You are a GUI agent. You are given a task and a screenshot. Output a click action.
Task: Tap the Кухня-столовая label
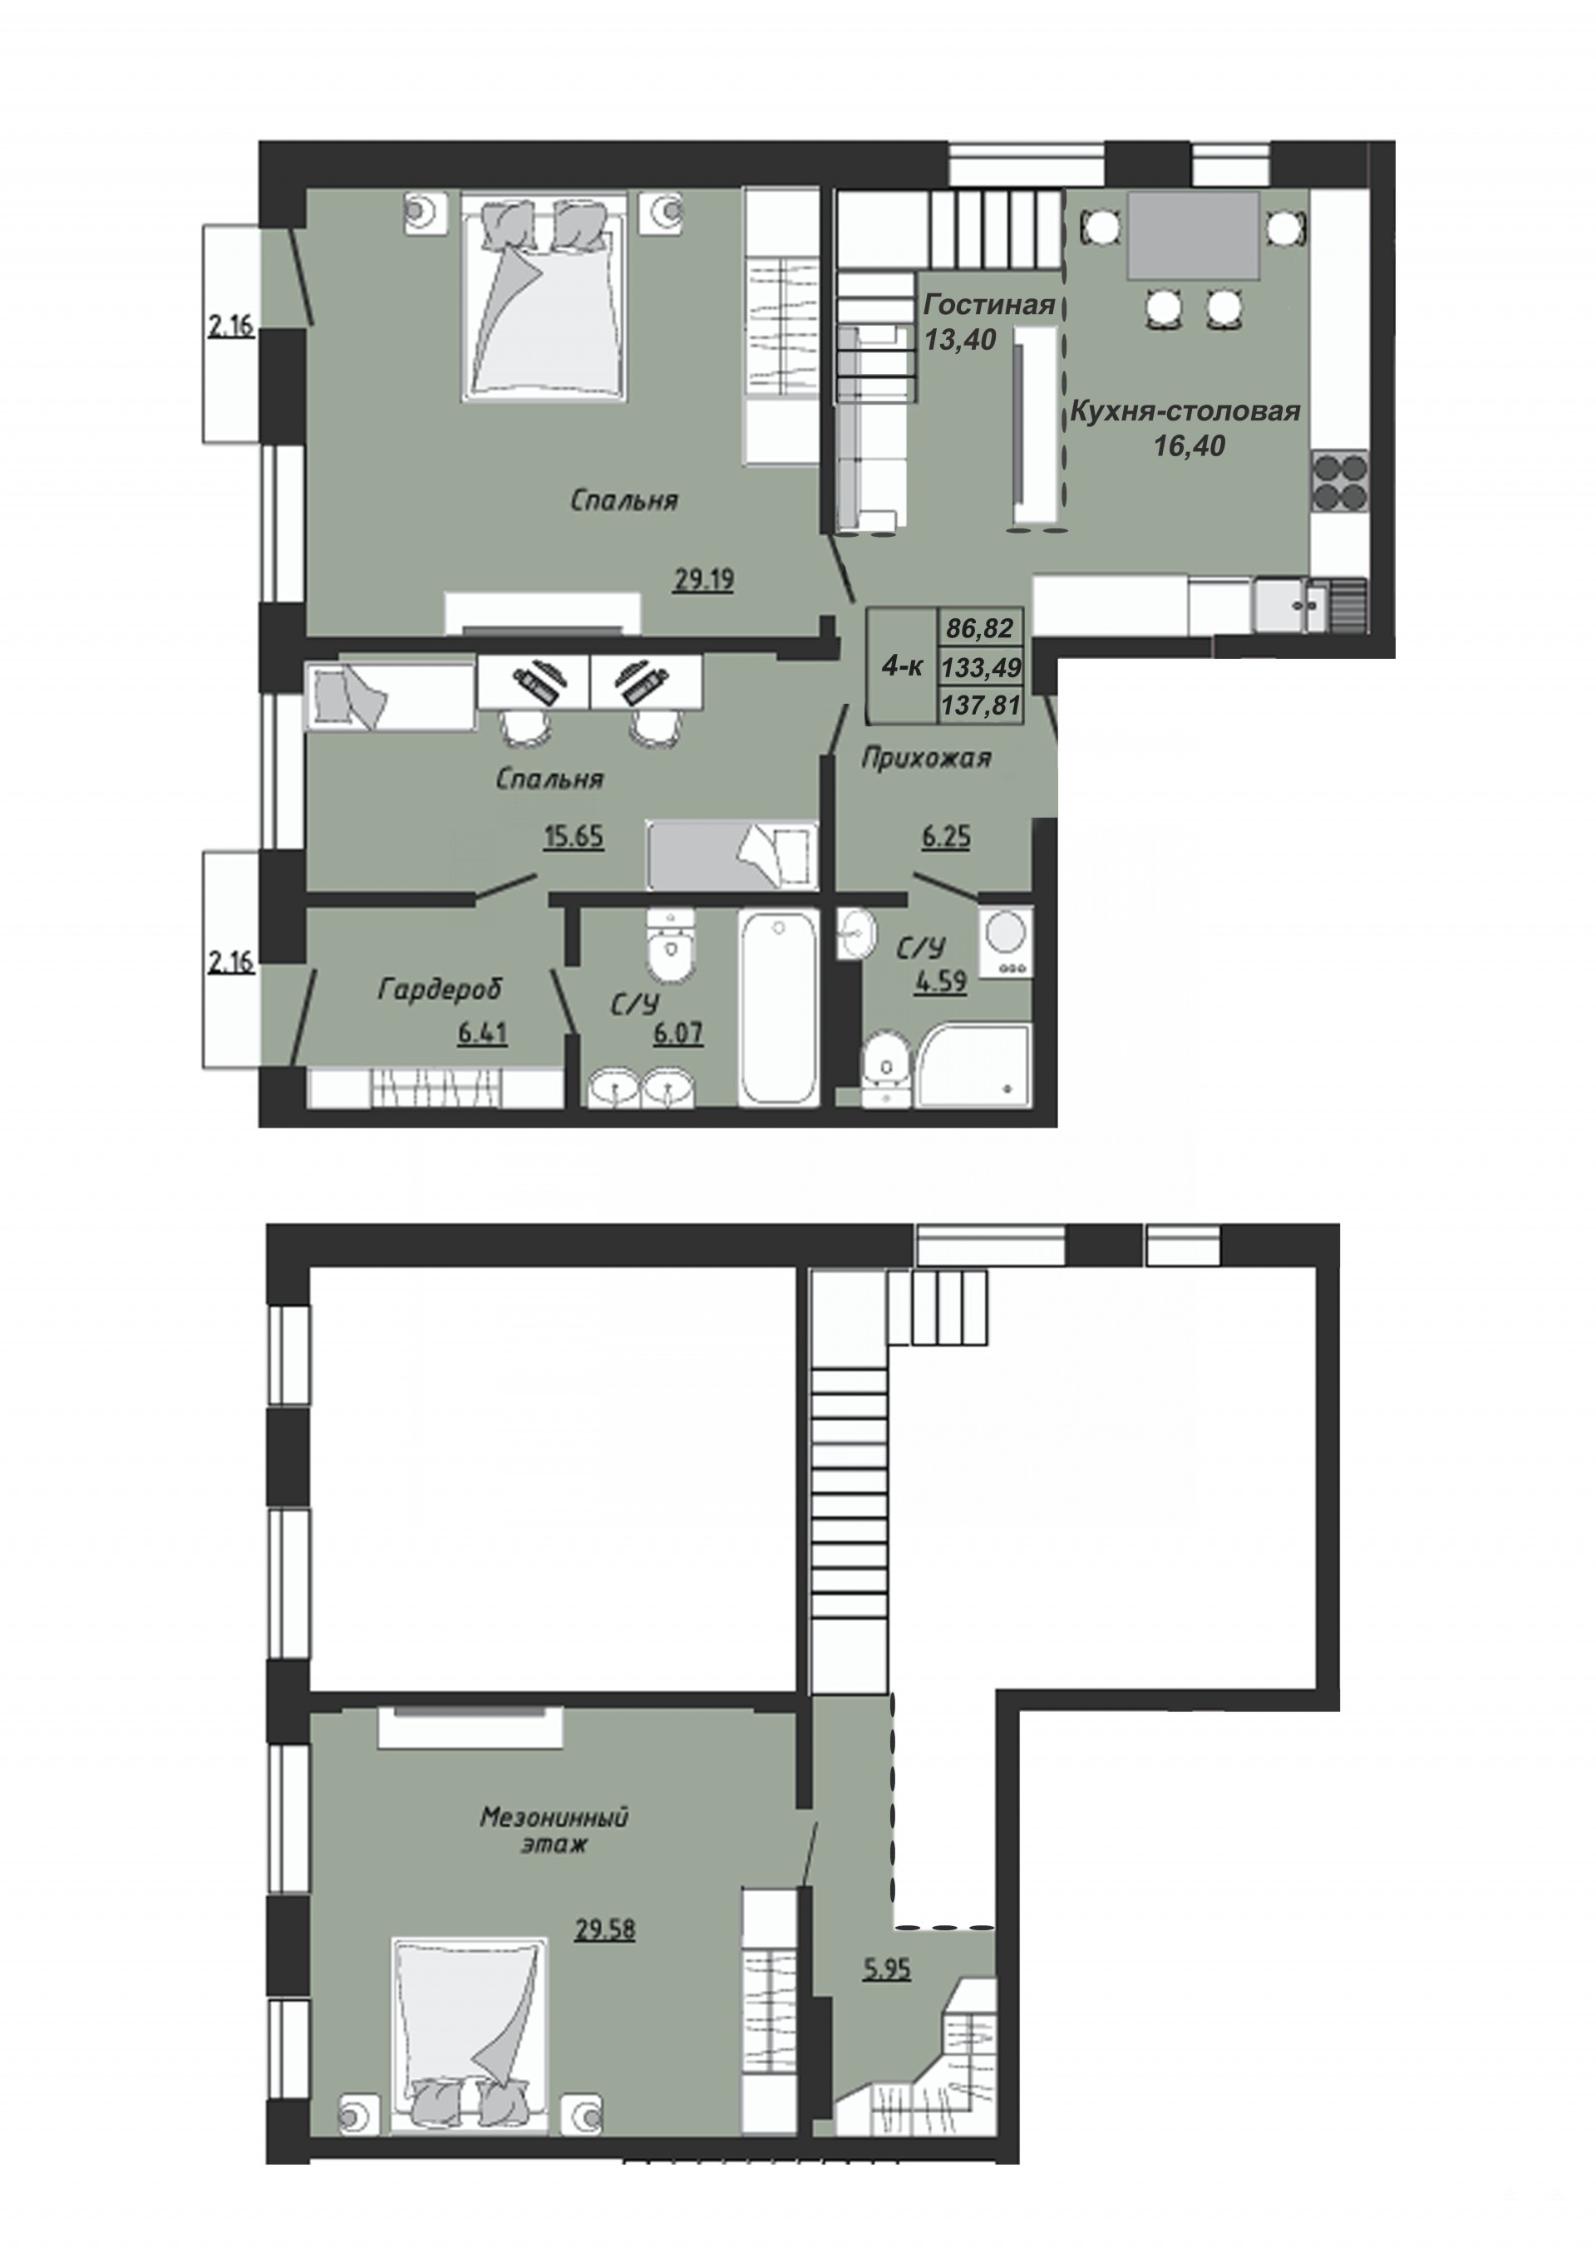(1185, 410)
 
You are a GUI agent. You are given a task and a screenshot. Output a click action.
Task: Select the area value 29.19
(704, 581)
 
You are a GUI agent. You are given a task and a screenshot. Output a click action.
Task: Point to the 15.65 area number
(574, 836)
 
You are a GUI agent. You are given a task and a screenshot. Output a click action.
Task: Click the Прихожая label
(927, 758)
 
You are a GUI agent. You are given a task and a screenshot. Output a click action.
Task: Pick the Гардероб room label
(439, 989)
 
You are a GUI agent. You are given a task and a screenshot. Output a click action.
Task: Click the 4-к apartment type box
(902, 666)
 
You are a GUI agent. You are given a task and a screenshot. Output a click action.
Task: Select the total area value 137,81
(982, 705)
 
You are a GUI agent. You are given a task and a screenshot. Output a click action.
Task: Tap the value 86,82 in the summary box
(980, 627)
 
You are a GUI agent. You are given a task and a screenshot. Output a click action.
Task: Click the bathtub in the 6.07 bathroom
(780, 1006)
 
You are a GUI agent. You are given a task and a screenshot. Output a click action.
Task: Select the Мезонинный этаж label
(554, 1830)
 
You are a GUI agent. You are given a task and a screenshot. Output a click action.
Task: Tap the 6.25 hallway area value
(945, 836)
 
